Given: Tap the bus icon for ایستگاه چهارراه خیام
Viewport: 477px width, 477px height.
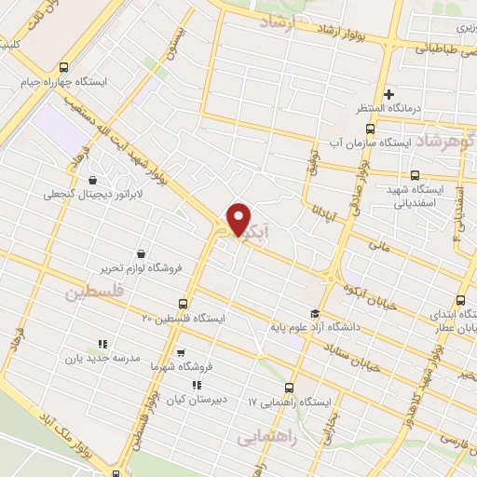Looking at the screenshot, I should click(62, 67).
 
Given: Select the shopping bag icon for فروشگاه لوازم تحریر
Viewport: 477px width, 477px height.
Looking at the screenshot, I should click(140, 253).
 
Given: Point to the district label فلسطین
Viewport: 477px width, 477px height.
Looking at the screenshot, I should click(93, 293).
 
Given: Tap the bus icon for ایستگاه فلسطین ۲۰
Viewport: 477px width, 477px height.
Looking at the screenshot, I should click(183, 304).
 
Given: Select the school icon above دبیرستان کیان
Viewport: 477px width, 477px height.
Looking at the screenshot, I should click(196, 385).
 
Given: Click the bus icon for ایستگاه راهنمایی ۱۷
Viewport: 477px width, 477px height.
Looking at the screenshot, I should click(288, 388).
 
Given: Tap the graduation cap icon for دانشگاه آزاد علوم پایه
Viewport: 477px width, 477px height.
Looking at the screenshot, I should click(315, 313).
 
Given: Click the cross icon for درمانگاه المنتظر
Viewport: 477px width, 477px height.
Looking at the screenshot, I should click(389, 93).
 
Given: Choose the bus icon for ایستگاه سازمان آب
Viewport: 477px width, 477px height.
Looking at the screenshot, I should click(370, 129).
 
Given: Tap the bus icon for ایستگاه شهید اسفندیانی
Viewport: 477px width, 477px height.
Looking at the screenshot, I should click(415, 174).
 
